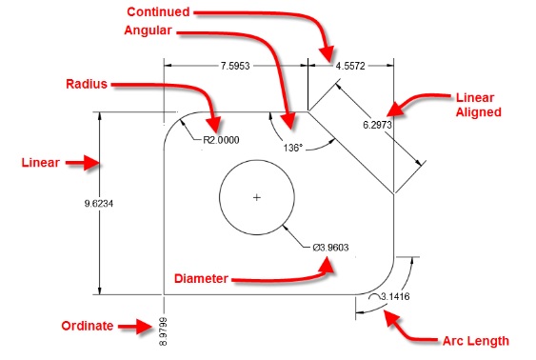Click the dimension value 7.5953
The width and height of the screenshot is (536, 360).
235,66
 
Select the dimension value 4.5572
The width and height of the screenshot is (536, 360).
350,66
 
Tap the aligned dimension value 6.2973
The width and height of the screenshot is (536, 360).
377,125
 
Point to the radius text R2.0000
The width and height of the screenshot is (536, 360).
221,140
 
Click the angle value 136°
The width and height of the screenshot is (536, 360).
293,148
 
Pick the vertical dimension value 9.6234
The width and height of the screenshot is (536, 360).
99,204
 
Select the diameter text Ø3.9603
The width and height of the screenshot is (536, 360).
330,248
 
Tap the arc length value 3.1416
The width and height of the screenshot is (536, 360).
395,296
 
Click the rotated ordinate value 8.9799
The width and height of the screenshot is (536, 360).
164,331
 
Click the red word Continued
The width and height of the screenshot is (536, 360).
158,12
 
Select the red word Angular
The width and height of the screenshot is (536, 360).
148,30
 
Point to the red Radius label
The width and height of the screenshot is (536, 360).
87,84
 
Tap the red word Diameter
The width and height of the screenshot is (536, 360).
201,279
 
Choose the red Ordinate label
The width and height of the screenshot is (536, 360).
88,326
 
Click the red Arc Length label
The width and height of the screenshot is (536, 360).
476,341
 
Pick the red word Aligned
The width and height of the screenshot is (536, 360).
479,112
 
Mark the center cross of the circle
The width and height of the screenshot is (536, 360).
257,197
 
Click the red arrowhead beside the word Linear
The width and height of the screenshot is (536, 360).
91,163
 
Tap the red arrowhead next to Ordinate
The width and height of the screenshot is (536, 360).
145,327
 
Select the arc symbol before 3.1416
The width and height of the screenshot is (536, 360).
374,296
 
